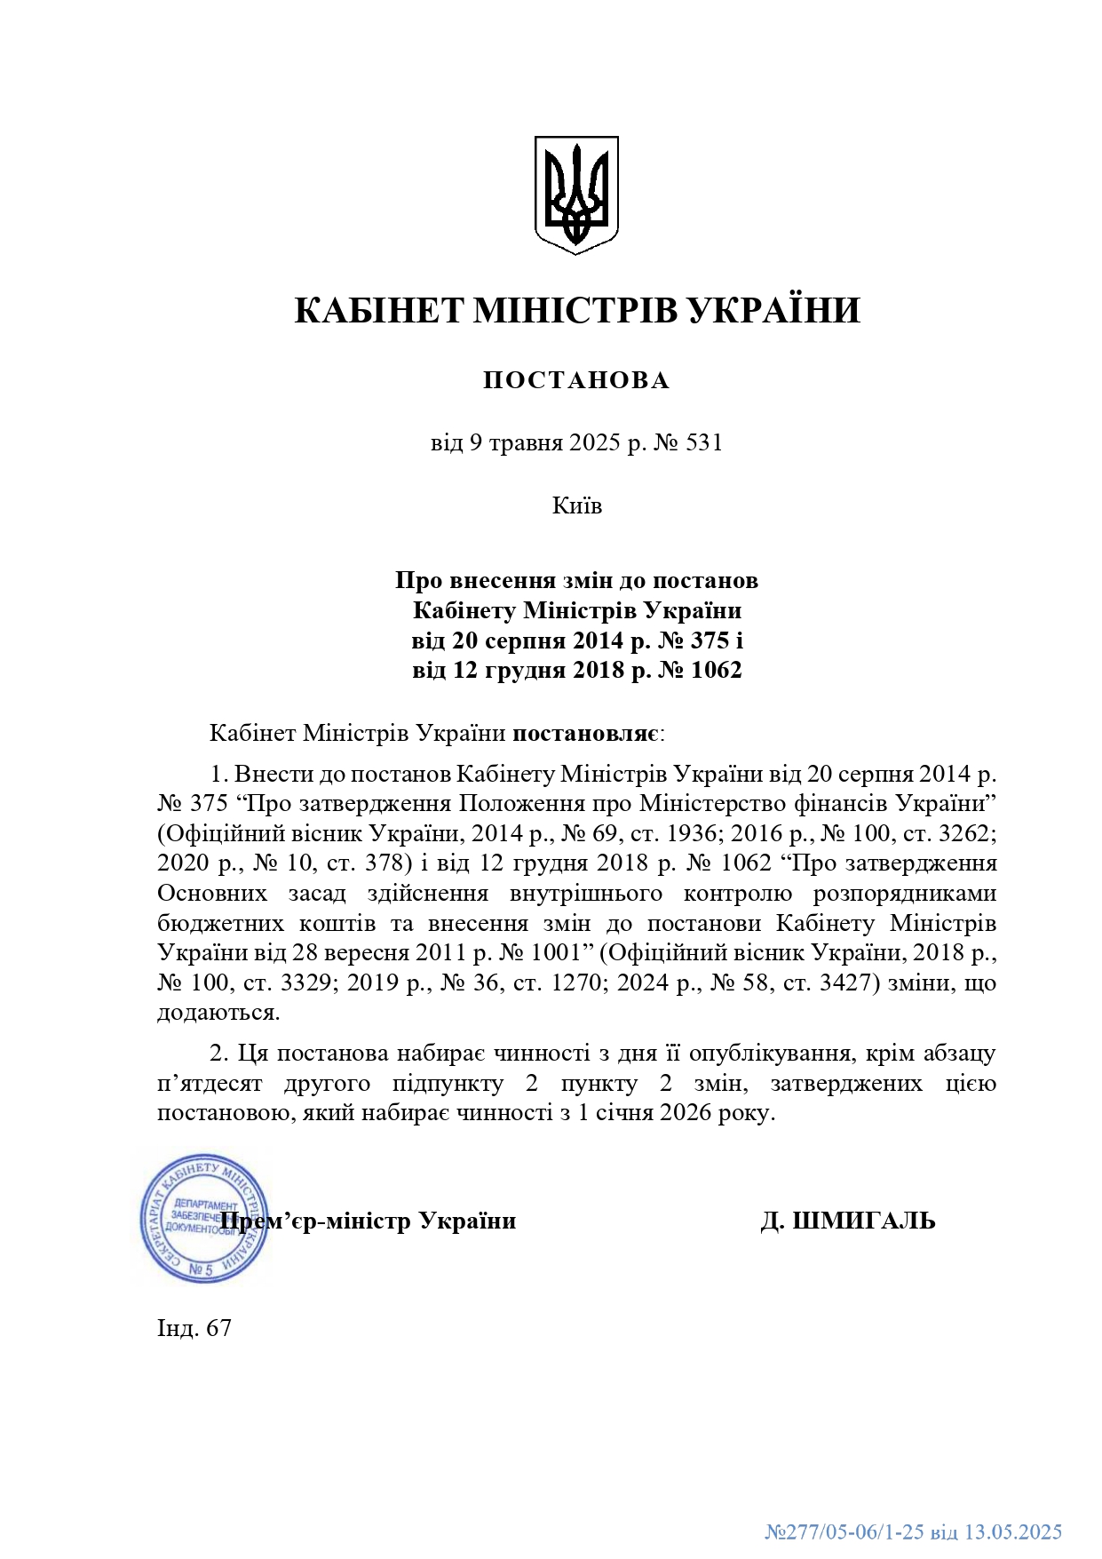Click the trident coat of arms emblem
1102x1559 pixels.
tap(576, 195)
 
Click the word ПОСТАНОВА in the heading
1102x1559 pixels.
tap(576, 380)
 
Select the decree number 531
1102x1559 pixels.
tap(705, 442)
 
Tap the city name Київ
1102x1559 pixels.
tap(577, 506)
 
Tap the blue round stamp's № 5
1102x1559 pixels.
tap(202, 1269)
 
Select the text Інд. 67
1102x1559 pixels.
tap(194, 1328)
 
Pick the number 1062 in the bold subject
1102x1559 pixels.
tap(715, 671)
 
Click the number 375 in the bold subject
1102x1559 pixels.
tap(710, 640)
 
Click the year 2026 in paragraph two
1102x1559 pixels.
tap(683, 1113)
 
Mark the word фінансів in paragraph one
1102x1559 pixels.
tap(846, 804)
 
